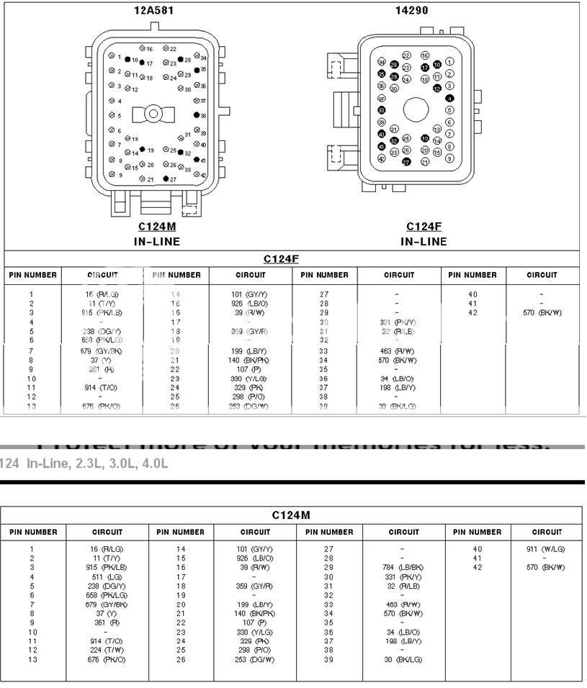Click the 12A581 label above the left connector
tap(154, 11)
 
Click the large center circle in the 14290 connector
tap(416, 109)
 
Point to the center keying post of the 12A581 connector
tap(154, 114)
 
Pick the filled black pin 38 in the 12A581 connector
tap(197, 115)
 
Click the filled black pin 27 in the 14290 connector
tap(407, 162)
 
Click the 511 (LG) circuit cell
tap(103, 576)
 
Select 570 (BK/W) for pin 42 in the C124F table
tap(542, 313)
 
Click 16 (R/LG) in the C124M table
tap(103, 548)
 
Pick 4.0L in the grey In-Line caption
tap(155, 463)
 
